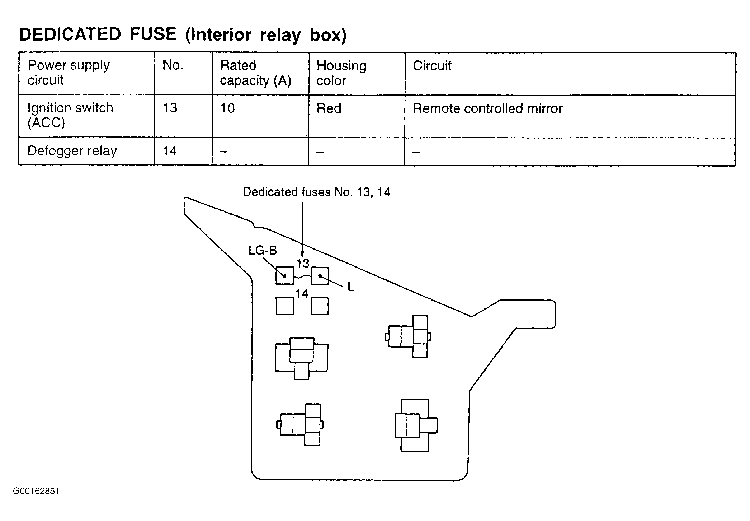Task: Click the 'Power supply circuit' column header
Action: click(x=69, y=73)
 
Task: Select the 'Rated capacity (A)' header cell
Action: click(x=255, y=73)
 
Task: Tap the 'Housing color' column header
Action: click(x=341, y=73)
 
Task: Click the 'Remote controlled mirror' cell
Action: click(x=488, y=108)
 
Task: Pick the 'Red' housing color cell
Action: click(x=329, y=108)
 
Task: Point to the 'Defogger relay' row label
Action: click(x=72, y=151)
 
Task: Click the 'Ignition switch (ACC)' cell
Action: click(x=70, y=115)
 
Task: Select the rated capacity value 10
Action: click(x=227, y=108)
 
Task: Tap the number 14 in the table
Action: click(x=170, y=151)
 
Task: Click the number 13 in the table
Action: click(x=170, y=108)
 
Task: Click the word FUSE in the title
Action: click(x=153, y=34)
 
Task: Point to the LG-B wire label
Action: click(x=263, y=250)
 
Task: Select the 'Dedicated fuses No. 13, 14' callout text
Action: click(x=316, y=192)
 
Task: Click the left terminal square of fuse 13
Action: click(x=285, y=276)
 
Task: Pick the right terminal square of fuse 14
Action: click(x=320, y=306)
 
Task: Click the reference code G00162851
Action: click(x=36, y=491)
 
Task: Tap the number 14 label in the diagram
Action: click(x=302, y=294)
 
